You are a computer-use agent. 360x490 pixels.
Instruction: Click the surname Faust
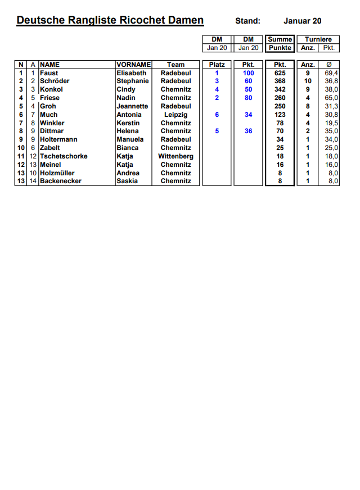pyautogui.click(x=49, y=73)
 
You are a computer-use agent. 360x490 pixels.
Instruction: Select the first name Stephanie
pyautogui.click(x=133, y=81)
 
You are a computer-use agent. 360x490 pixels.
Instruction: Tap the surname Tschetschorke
pyautogui.click(x=64, y=156)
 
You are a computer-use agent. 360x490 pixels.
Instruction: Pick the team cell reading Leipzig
pyautogui.click(x=176, y=115)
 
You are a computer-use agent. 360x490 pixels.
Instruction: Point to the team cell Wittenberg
pyautogui.click(x=176, y=156)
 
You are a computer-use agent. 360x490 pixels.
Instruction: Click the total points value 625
pyautogui.click(x=280, y=73)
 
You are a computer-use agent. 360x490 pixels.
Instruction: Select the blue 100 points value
pyautogui.click(x=249, y=73)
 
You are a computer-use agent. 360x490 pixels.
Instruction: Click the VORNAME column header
pyautogui.click(x=133, y=65)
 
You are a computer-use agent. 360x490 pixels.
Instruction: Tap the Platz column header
pyautogui.click(x=217, y=65)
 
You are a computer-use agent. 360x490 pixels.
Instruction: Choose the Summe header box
pyautogui.click(x=280, y=39)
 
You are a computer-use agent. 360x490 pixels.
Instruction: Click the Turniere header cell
pyautogui.click(x=318, y=39)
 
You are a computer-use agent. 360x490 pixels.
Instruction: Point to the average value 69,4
pyautogui.click(x=332, y=73)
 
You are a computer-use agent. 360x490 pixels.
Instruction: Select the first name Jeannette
pyautogui.click(x=133, y=106)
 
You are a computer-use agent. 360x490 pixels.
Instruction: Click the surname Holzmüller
pyautogui.click(x=57, y=173)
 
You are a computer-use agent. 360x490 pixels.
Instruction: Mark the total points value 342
pyautogui.click(x=280, y=89)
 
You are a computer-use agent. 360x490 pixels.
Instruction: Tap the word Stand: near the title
pyautogui.click(x=248, y=21)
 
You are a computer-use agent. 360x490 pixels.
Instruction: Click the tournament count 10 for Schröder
pyautogui.click(x=308, y=81)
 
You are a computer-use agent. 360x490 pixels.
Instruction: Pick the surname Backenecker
pyautogui.click(x=60, y=181)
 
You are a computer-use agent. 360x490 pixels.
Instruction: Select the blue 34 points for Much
pyautogui.click(x=249, y=115)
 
